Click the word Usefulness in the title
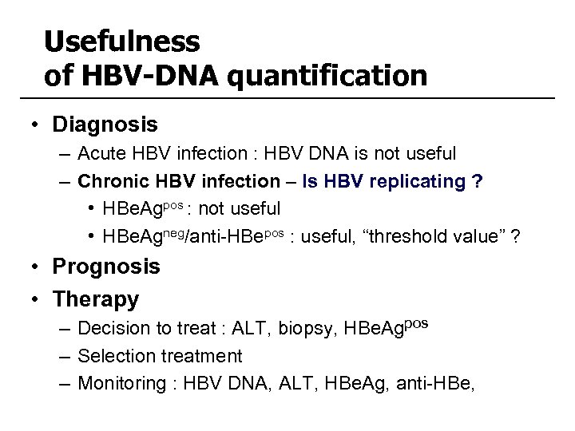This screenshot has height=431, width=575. pyautogui.click(x=123, y=41)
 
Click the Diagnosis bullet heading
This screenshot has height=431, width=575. pyautogui.click(x=105, y=125)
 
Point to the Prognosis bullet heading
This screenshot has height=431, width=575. pyautogui.click(x=106, y=266)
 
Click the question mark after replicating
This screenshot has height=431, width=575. pyautogui.click(x=478, y=181)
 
